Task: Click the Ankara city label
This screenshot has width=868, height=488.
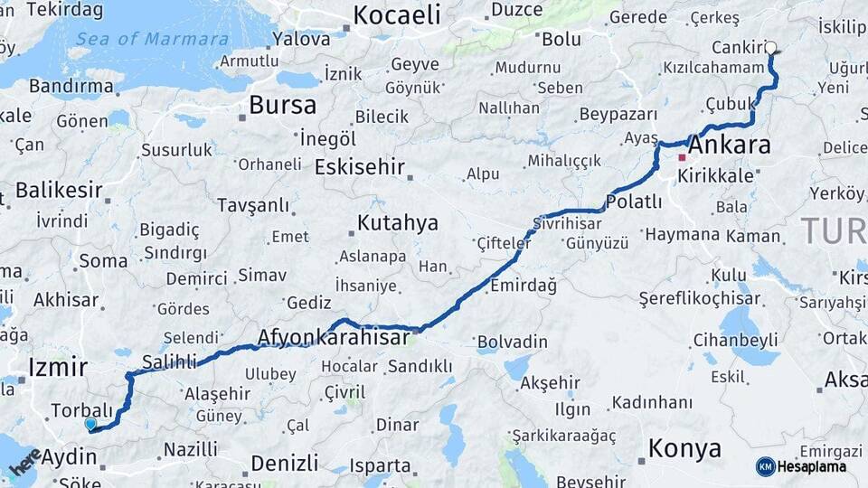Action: [x=730, y=145]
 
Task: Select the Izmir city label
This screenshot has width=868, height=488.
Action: [x=58, y=367]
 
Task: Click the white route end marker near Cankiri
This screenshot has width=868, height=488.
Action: [x=770, y=48]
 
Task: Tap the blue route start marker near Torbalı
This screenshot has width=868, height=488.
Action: [x=90, y=424]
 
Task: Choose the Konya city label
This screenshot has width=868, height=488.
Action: [x=685, y=448]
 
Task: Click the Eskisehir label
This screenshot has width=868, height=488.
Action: [x=359, y=167]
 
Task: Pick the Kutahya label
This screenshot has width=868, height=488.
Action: [x=397, y=222]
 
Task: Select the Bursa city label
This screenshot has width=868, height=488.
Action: [x=282, y=105]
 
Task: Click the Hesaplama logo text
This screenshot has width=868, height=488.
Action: [x=811, y=466]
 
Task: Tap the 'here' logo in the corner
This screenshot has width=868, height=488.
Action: [x=25, y=462]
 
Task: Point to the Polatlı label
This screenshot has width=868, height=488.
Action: [x=634, y=202]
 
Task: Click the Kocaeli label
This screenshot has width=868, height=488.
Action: [x=396, y=14]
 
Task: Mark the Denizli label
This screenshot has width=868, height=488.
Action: [x=284, y=463]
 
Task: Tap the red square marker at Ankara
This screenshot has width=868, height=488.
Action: [x=682, y=157]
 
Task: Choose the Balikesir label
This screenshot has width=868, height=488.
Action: [x=58, y=190]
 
